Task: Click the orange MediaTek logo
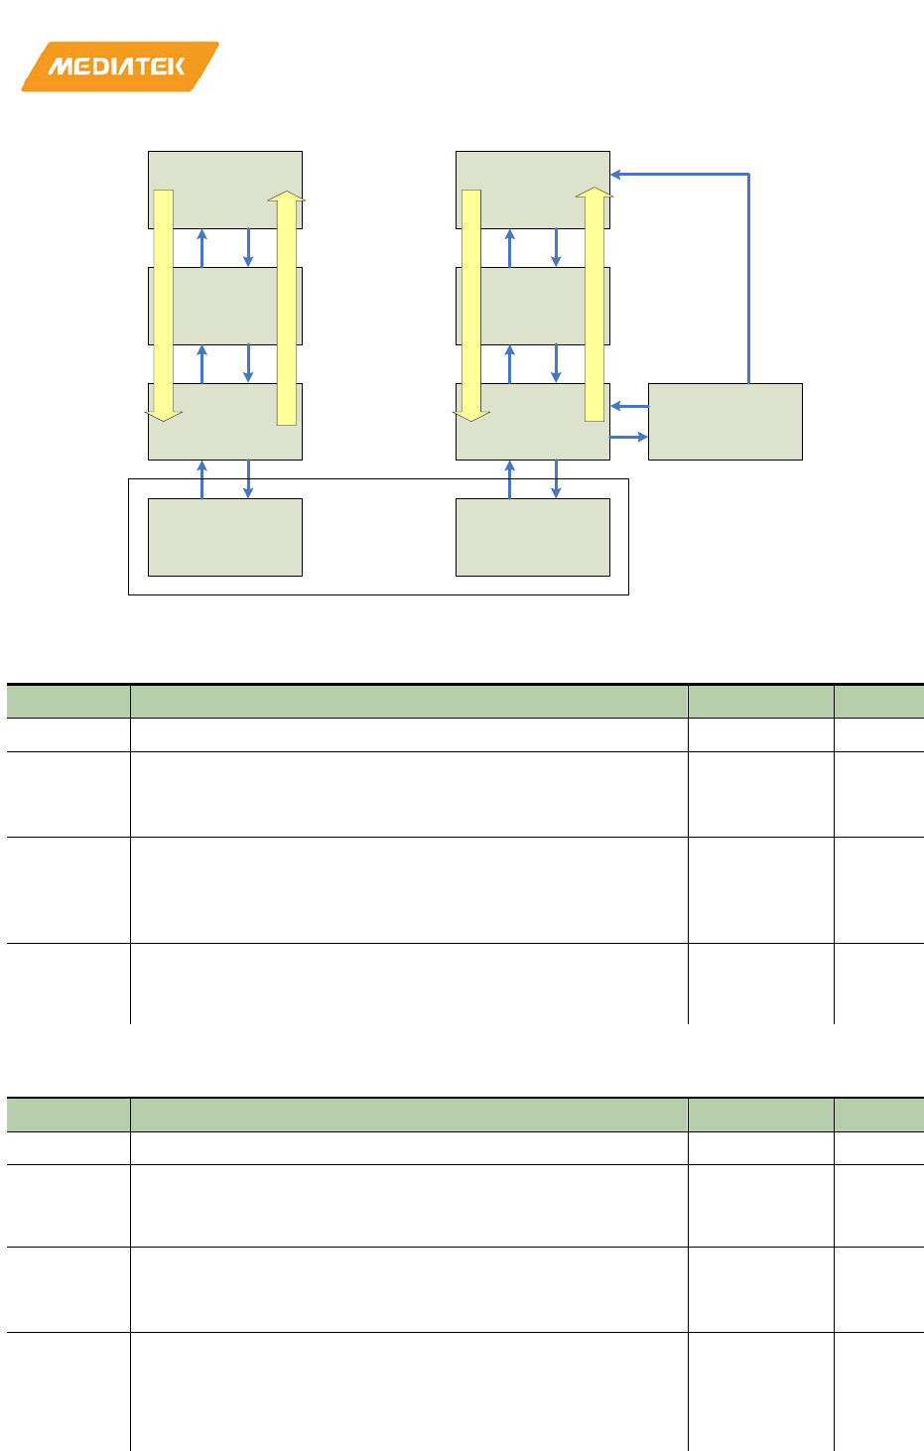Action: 119,66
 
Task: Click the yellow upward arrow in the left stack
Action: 286,308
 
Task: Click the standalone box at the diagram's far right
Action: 725,422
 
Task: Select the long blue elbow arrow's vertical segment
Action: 748,278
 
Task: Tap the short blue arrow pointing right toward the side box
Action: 628,437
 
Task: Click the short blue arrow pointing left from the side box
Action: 629,406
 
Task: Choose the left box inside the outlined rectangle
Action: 224,537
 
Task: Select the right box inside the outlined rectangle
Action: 532,537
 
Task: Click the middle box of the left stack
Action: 224,306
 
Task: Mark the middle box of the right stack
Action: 532,306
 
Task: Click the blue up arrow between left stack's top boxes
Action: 202,248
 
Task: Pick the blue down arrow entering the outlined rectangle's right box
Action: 556,479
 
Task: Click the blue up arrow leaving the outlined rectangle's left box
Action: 202,479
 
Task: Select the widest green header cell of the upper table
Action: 408,702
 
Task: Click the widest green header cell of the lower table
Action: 408,1115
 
